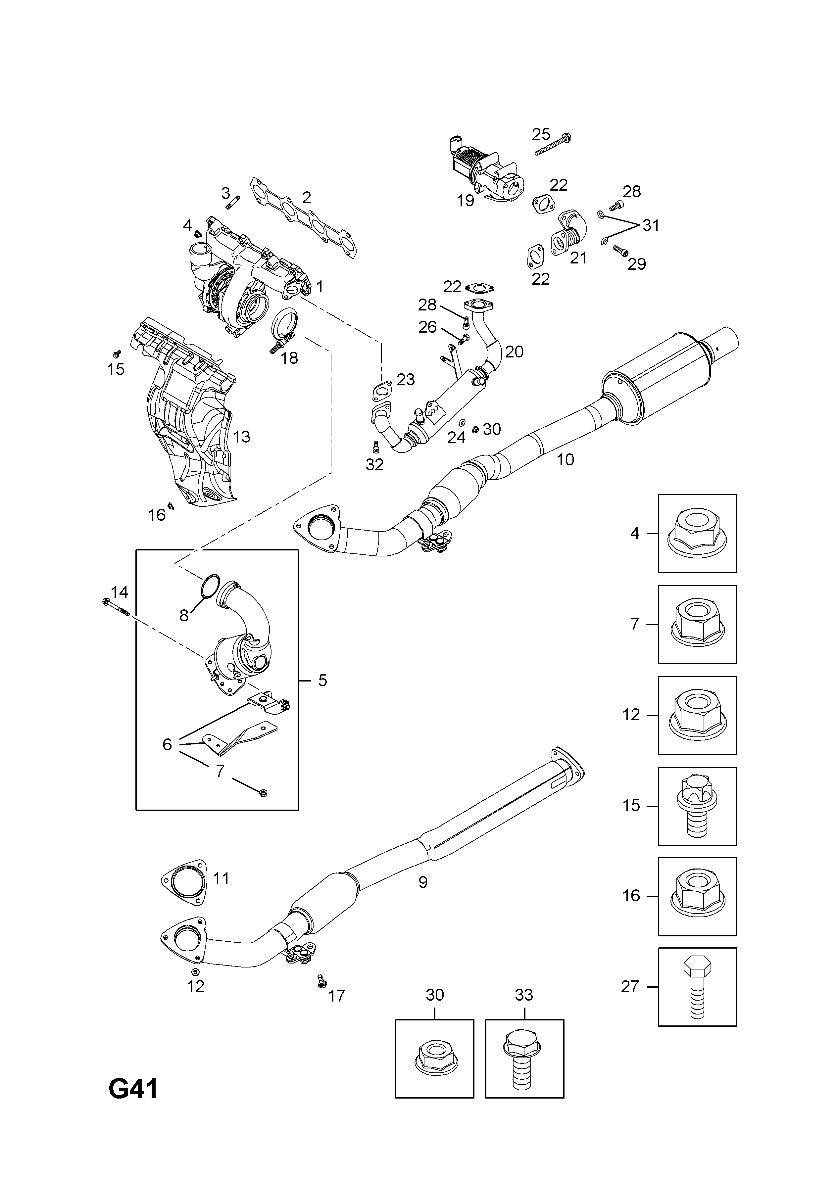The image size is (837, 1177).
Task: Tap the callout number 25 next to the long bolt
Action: (541, 134)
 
